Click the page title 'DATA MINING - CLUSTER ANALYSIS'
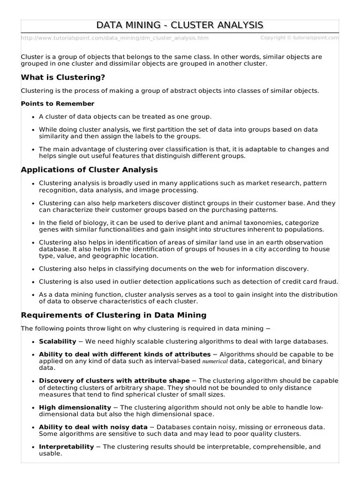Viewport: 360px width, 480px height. tap(180, 25)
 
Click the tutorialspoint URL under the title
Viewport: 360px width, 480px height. tap(115, 38)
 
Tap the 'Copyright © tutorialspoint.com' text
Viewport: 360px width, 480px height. tap(300, 37)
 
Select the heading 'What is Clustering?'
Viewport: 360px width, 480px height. tap(63, 77)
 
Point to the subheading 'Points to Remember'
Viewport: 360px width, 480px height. tap(58, 104)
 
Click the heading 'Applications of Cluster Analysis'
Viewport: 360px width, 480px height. tap(89, 170)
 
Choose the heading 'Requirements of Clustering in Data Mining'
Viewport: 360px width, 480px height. tap(113, 315)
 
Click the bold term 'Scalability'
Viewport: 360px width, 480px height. tap(57, 341)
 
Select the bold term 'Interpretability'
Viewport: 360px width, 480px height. tap(66, 447)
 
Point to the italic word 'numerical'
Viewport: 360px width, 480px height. tap(215, 362)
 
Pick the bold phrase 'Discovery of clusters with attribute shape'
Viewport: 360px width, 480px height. tap(114, 381)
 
